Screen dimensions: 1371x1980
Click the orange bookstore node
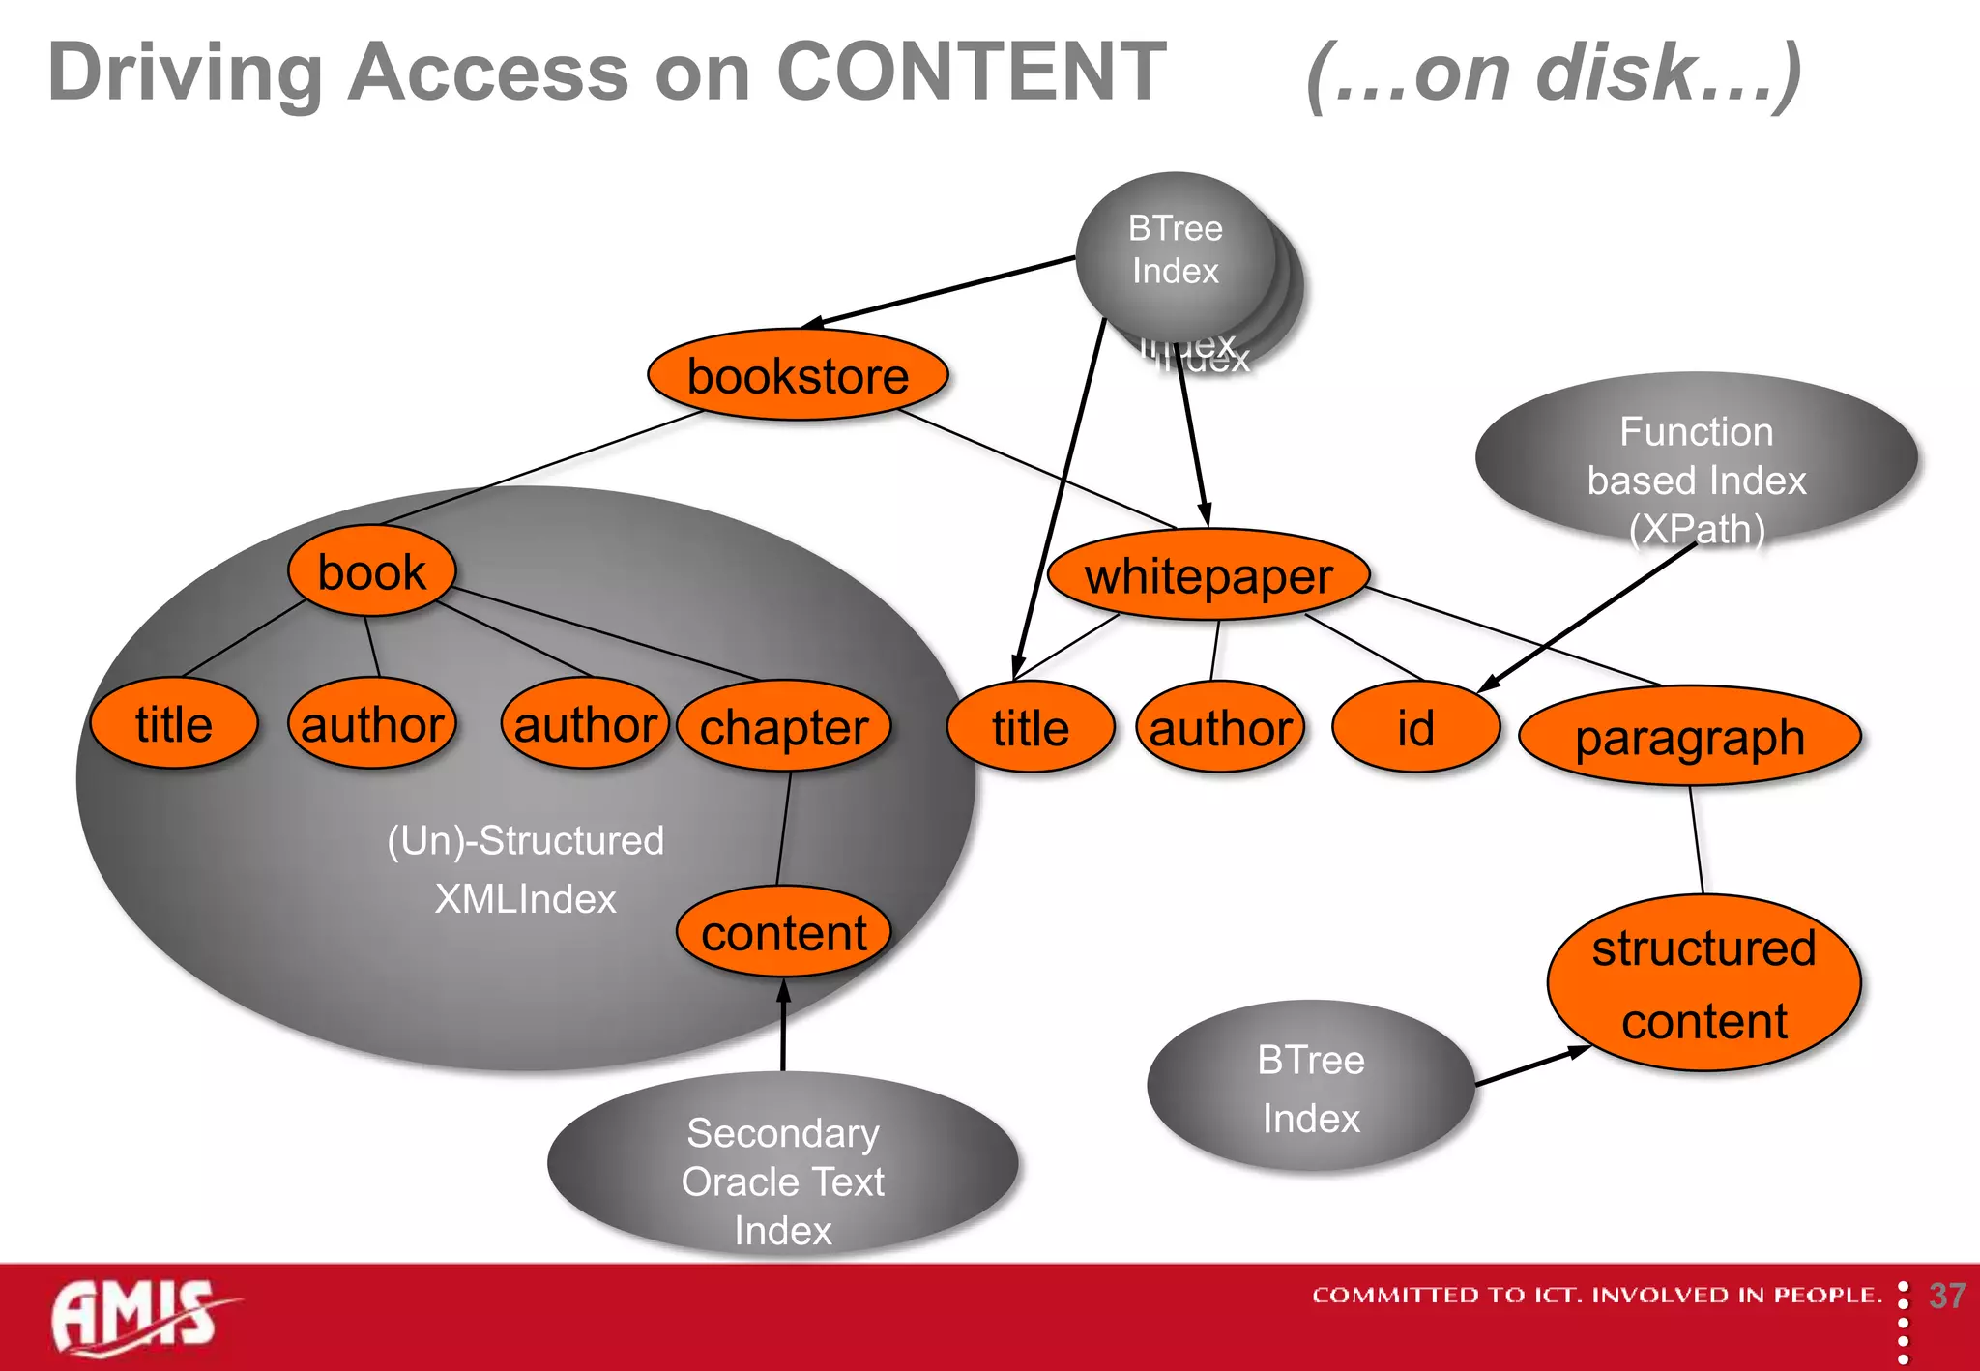(x=798, y=375)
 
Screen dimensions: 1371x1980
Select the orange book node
(x=371, y=571)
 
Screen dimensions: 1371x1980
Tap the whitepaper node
(x=1208, y=576)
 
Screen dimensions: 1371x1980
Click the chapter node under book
(x=783, y=727)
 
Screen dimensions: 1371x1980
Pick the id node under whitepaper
(x=1415, y=728)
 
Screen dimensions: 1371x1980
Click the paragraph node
(x=1689, y=738)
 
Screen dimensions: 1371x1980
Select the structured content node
(x=1703, y=983)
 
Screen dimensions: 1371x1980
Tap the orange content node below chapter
(x=783, y=932)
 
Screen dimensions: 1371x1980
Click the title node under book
(x=174, y=724)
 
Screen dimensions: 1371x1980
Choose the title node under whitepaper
(x=1031, y=728)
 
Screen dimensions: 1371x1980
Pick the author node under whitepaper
(x=1220, y=728)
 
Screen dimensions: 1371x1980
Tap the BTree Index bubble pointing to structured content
(x=1310, y=1088)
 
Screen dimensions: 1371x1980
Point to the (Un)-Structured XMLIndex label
(x=525, y=869)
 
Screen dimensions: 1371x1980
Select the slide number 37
(x=1946, y=1296)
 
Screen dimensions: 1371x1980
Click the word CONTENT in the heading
(x=972, y=72)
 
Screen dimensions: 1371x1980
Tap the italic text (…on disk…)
(x=1554, y=73)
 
